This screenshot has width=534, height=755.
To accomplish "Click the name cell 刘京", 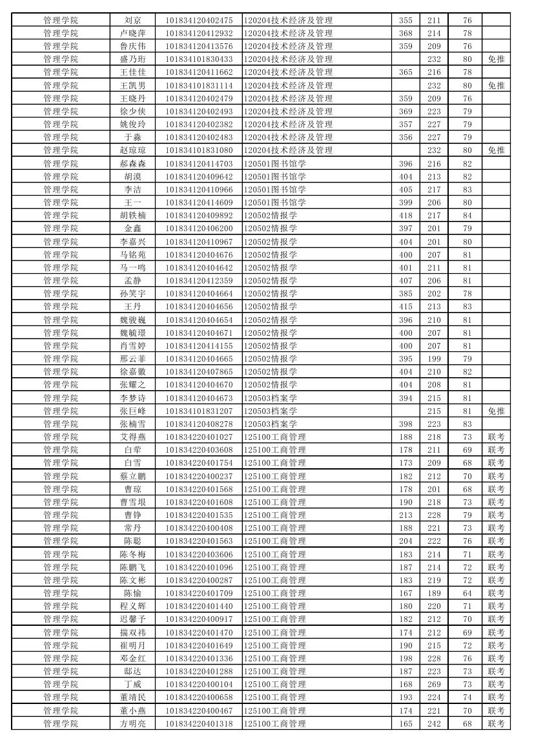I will click(x=132, y=21).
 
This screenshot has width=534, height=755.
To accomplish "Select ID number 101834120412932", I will click(x=199, y=34).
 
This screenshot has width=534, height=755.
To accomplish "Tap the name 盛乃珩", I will click(x=132, y=59).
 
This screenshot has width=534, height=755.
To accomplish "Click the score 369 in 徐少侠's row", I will click(x=406, y=112).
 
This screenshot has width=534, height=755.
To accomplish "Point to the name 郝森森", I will click(x=132, y=164).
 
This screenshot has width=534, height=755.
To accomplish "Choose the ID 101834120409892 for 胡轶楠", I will click(x=199, y=216).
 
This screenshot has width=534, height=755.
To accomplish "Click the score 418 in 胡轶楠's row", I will click(x=406, y=216).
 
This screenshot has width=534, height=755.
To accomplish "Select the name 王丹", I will click(x=132, y=307).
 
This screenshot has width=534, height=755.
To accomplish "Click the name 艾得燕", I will click(x=132, y=437).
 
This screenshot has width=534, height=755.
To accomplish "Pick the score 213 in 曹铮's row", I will click(x=406, y=515).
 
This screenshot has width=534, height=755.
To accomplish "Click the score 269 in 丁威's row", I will click(x=434, y=685).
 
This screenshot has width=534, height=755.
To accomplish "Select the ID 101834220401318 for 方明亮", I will click(x=199, y=724).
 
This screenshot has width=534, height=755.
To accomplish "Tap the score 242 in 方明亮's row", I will click(x=434, y=724).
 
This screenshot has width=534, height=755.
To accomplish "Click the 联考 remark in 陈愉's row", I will click(x=496, y=594).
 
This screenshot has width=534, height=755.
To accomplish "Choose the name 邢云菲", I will click(x=132, y=359).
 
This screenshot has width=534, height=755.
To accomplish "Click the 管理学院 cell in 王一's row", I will click(x=61, y=203).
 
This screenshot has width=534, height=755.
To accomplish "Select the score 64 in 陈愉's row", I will click(x=467, y=594).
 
